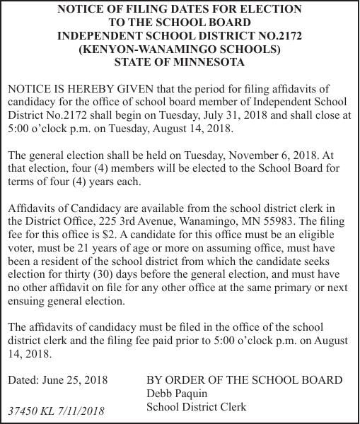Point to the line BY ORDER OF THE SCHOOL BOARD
pyautogui.click(x=244, y=380)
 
